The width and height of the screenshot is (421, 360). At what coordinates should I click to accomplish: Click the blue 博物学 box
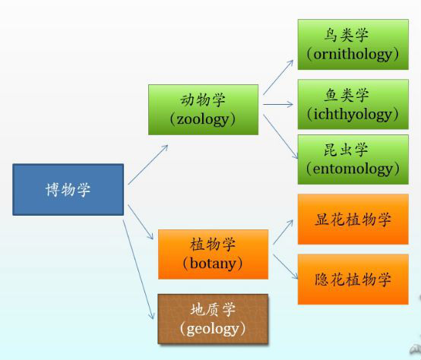[x=68, y=189]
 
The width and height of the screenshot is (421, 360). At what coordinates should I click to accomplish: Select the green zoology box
[x=203, y=109]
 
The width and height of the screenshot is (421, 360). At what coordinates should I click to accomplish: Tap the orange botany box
[x=214, y=254]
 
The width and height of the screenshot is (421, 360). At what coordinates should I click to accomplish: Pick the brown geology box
[x=213, y=319]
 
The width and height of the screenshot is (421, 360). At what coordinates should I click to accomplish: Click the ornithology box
[x=353, y=45]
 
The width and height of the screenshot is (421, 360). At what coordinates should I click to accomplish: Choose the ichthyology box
[x=353, y=104]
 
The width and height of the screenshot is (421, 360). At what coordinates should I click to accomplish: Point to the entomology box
[x=353, y=159]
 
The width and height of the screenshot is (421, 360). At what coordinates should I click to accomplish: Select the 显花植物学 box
[x=353, y=219]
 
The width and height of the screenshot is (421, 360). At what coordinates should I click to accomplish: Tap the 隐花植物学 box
[x=353, y=279]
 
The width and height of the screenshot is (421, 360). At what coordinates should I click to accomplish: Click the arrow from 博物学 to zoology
[x=148, y=165]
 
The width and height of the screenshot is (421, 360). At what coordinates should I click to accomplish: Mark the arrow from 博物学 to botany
[x=141, y=222]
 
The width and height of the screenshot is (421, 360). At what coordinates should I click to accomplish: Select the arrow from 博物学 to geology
[x=138, y=270]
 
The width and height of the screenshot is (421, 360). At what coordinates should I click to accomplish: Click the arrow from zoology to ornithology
[x=278, y=77]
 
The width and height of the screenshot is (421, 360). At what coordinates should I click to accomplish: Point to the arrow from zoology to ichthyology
[x=278, y=104]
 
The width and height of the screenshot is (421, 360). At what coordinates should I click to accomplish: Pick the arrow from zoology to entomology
[x=280, y=137]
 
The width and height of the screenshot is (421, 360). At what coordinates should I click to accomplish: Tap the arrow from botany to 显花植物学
[x=283, y=232]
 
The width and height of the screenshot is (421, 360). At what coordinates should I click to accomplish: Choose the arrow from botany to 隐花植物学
[x=286, y=267]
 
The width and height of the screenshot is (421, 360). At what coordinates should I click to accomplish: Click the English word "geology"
[x=213, y=329]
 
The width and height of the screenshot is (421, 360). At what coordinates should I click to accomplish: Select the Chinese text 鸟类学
[x=346, y=35]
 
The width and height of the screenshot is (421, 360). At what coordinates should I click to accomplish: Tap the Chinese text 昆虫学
[x=346, y=150]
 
